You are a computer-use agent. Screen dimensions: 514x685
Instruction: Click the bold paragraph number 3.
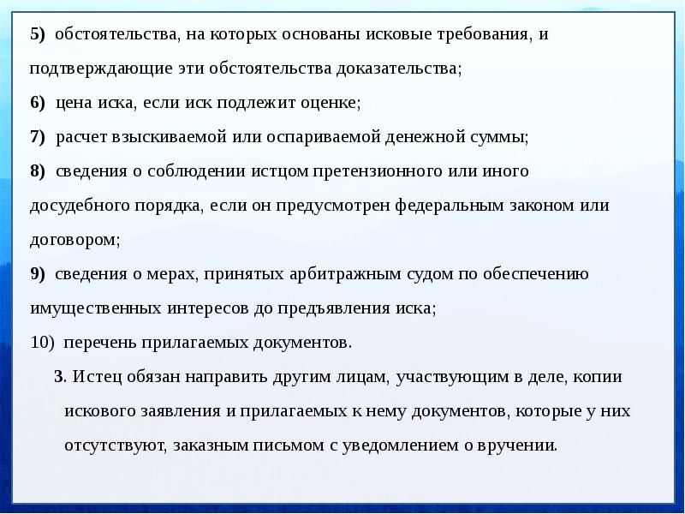[x=59, y=377]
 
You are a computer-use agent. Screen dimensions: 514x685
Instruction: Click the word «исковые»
[x=396, y=34]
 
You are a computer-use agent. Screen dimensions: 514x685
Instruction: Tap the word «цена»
[x=74, y=103]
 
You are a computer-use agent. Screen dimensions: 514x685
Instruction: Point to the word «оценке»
[x=332, y=103]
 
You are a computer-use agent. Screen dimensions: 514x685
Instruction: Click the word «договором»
[x=74, y=240]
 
